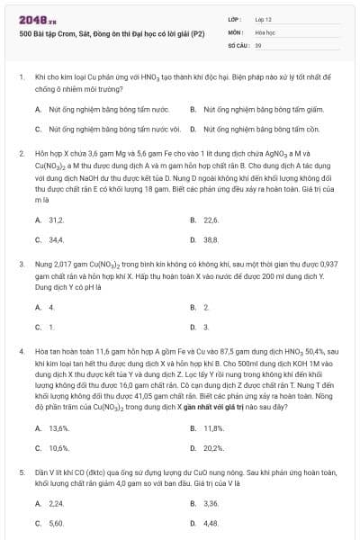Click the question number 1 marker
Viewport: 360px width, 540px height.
click(x=21, y=78)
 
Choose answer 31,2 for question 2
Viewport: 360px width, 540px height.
click(x=56, y=220)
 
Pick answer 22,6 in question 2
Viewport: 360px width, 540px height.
click(x=211, y=220)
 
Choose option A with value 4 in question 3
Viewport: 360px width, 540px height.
click(x=51, y=307)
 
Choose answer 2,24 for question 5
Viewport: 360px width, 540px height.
click(x=56, y=503)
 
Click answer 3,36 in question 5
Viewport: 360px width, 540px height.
click(x=211, y=503)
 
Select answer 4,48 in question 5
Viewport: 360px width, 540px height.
click(x=211, y=523)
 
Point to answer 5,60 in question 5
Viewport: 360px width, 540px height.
click(x=56, y=523)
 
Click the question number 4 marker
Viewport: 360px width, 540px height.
click(x=21, y=347)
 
